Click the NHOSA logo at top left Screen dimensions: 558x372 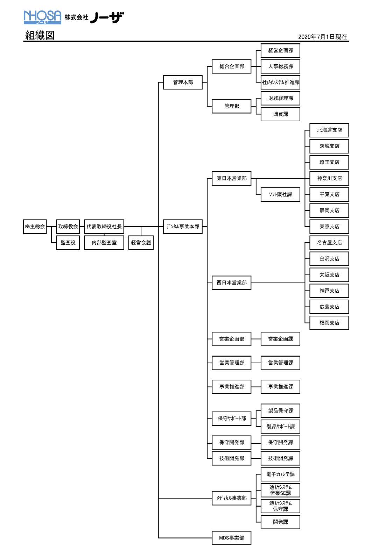point(42,17)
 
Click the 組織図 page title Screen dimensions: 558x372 point(40,35)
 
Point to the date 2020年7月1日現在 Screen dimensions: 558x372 point(322,37)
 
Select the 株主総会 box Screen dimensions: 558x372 point(35,227)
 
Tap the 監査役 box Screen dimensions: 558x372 point(68,243)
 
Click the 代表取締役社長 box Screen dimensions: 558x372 point(104,227)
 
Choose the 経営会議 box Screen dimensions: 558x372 point(141,243)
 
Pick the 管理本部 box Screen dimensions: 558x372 point(183,82)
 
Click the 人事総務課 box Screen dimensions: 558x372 point(280,66)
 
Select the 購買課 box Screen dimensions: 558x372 point(280,114)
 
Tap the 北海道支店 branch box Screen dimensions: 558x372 point(329,130)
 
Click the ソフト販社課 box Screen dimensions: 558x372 point(280,194)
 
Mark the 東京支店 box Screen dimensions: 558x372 point(329,227)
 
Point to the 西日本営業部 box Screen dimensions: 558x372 point(231,282)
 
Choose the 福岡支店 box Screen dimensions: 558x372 point(329,323)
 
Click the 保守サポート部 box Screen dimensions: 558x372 point(231,418)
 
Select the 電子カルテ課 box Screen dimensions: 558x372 point(280,474)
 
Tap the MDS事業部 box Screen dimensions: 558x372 point(231,538)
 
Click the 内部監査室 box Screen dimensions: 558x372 point(104,243)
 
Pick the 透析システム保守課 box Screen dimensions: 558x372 point(280,506)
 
